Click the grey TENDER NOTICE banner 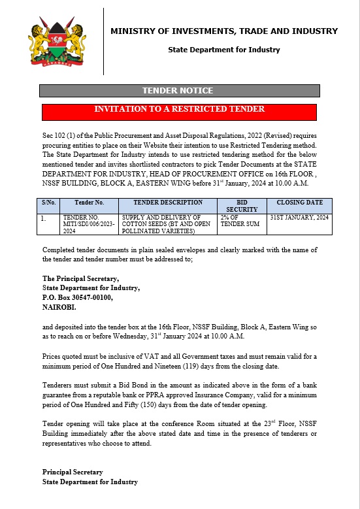179,91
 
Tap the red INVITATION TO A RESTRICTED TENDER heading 179,110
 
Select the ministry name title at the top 224,31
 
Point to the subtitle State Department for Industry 224,50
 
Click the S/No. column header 50,203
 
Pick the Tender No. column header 90,203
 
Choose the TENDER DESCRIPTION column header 168,203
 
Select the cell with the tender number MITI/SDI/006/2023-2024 90,223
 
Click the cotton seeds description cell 168,223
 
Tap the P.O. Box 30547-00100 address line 77,297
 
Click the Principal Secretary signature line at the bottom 73,472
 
